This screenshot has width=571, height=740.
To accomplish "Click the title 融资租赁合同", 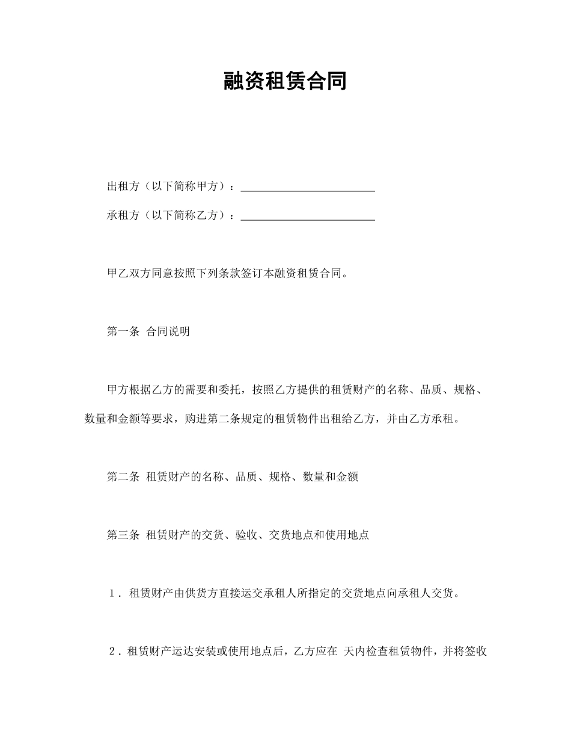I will pos(285,81).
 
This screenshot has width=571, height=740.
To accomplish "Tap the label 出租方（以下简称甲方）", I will pos(168,187).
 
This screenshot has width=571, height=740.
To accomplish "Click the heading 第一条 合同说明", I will pos(148,331).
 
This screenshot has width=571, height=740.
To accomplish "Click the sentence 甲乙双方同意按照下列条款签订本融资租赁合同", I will pos(226,274).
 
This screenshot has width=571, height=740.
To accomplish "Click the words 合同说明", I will pos(168,331).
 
